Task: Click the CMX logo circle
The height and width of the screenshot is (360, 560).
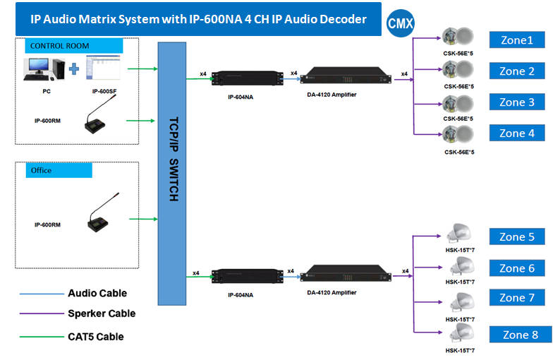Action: (401, 23)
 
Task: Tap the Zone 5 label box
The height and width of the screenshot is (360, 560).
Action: (517, 237)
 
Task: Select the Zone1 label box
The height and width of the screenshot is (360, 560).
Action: (517, 40)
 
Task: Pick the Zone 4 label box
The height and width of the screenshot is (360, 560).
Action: (517, 133)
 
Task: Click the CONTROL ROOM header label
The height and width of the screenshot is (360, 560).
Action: (73, 47)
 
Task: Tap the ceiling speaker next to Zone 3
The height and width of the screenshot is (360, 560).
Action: (458, 103)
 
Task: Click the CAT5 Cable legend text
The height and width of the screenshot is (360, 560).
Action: (96, 337)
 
